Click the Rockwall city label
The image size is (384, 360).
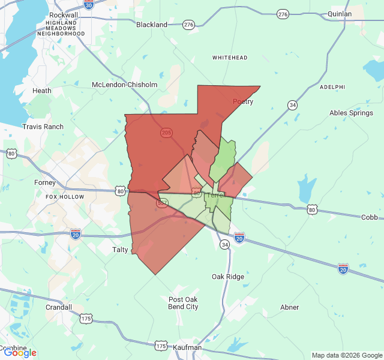tap(64, 14)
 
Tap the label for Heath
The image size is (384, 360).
tap(42, 91)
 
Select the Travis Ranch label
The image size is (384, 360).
tap(43, 127)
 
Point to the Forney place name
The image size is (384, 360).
tap(45, 182)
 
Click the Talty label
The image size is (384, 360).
tap(120, 250)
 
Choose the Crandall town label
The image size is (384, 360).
tap(59, 307)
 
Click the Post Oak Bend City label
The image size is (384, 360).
tap(183, 303)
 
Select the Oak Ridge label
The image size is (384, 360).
tap(228, 277)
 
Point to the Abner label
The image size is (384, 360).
tap(289, 307)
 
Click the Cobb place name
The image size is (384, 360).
tap(370, 217)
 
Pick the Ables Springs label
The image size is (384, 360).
tap(352, 113)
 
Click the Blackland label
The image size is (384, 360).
tap(152, 25)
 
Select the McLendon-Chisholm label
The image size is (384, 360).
tap(124, 85)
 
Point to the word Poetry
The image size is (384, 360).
tap(243, 101)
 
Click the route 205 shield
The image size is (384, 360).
tap(167, 132)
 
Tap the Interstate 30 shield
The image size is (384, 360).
tap(89, 5)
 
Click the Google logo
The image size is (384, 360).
tap(20, 353)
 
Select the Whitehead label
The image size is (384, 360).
tap(230, 58)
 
